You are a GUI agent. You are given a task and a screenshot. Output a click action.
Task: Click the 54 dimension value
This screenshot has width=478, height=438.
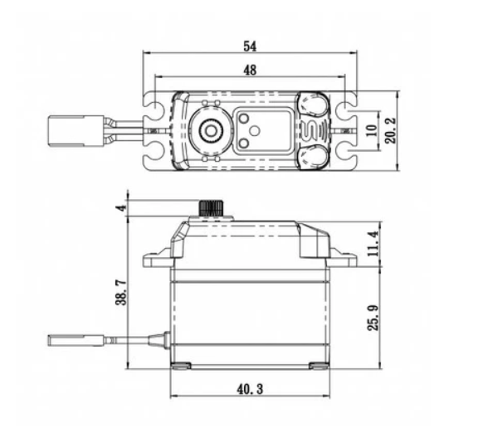(x=250, y=46)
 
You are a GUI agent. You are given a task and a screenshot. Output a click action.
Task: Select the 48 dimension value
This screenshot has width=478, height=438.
(x=250, y=71)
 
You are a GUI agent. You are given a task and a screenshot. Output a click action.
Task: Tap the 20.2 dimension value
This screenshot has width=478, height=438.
(x=391, y=130)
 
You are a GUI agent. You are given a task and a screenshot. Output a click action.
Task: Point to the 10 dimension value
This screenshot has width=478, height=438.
(x=371, y=130)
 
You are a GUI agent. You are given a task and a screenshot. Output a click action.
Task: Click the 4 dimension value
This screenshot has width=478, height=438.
(x=121, y=208)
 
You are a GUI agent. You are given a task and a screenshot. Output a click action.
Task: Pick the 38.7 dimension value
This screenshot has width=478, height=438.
(x=121, y=293)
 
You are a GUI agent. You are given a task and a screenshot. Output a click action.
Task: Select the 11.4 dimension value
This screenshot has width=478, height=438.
(x=373, y=243)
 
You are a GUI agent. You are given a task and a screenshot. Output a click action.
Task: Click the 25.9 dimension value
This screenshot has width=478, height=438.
(x=373, y=317)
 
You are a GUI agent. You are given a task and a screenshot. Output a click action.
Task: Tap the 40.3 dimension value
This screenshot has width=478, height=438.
(x=250, y=389)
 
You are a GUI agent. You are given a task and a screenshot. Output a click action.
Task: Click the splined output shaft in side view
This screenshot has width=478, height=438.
(x=211, y=208)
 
